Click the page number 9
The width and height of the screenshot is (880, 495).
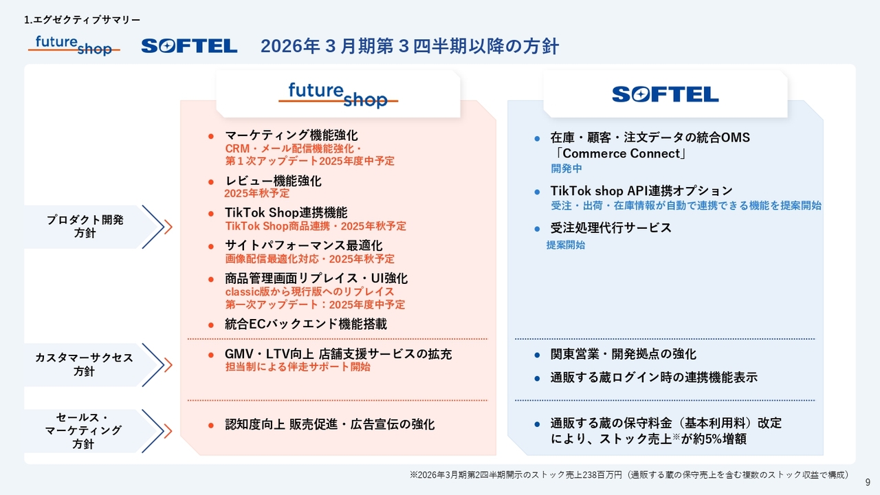pyautogui.click(x=868, y=483)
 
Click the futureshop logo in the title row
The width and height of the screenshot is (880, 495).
pyautogui.click(x=74, y=45)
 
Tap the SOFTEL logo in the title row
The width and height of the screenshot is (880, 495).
pyautogui.click(x=189, y=46)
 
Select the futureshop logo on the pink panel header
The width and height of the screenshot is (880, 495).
pyautogui.click(x=338, y=95)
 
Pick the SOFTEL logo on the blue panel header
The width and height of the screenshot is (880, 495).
pyautogui.click(x=665, y=94)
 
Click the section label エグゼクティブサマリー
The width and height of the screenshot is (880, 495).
pyautogui.click(x=87, y=20)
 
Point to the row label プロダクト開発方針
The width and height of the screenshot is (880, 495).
pyautogui.click(x=85, y=226)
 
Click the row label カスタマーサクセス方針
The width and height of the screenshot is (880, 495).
pyautogui.click(x=84, y=364)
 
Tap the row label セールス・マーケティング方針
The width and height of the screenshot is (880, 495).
pyautogui.click(x=83, y=430)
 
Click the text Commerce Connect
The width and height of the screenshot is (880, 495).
pyautogui.click(x=621, y=153)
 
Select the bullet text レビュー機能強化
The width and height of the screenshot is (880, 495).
pyautogui.click(x=273, y=181)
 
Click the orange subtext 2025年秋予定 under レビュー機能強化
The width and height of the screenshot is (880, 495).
pyautogui.click(x=257, y=193)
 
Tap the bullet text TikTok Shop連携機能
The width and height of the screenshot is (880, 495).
pyautogui.click(x=286, y=212)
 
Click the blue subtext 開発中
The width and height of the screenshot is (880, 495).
pyautogui.click(x=566, y=168)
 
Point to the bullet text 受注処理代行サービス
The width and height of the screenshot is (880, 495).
pyautogui.click(x=611, y=228)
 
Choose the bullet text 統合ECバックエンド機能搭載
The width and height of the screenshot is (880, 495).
pyautogui.click(x=306, y=324)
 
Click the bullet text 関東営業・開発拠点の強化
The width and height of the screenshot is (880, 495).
pyautogui.click(x=623, y=354)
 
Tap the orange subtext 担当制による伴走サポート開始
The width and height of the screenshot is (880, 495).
pyautogui.click(x=298, y=367)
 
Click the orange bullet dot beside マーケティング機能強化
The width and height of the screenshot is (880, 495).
pyautogui.click(x=211, y=136)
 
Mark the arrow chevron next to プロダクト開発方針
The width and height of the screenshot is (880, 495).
pyautogui.click(x=157, y=227)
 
